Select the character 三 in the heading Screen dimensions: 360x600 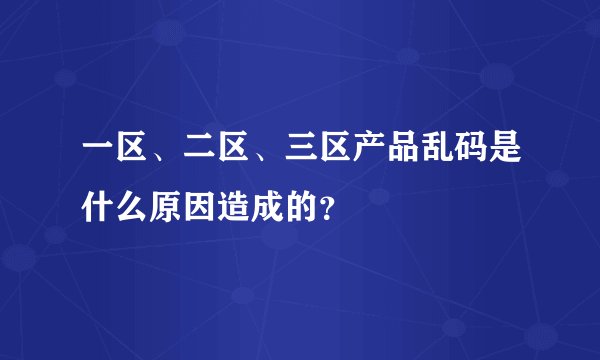tap(317, 158)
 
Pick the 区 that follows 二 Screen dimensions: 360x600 tap(244, 158)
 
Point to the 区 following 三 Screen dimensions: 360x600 tap(354, 158)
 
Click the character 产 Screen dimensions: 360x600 tap(390, 158)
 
